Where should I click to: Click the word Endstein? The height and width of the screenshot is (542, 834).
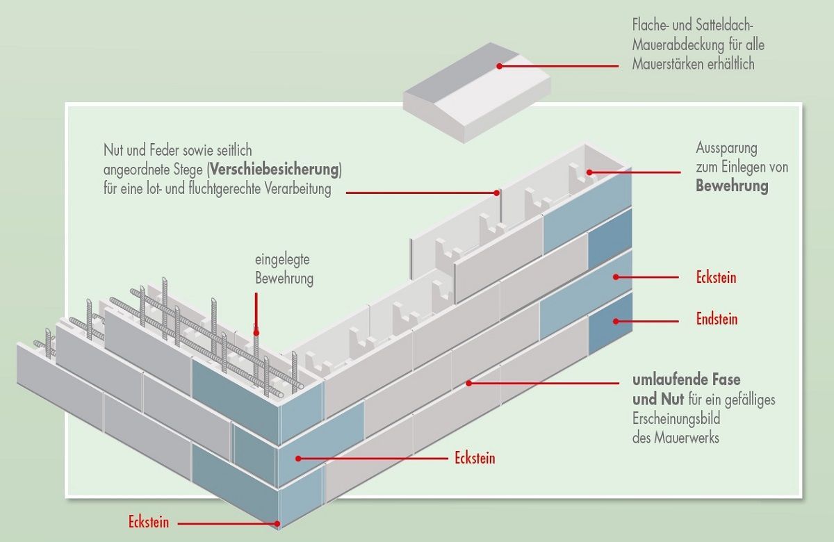[717, 320]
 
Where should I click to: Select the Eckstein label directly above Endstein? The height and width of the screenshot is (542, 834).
[716, 278]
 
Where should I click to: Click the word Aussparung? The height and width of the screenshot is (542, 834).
[726, 149]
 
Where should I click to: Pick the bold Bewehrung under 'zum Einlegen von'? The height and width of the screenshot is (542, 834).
[732, 186]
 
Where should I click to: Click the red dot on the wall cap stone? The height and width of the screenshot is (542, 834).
[499, 66]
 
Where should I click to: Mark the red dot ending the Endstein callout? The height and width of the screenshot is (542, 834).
[614, 320]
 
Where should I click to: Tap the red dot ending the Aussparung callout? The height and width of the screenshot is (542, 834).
[589, 172]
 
